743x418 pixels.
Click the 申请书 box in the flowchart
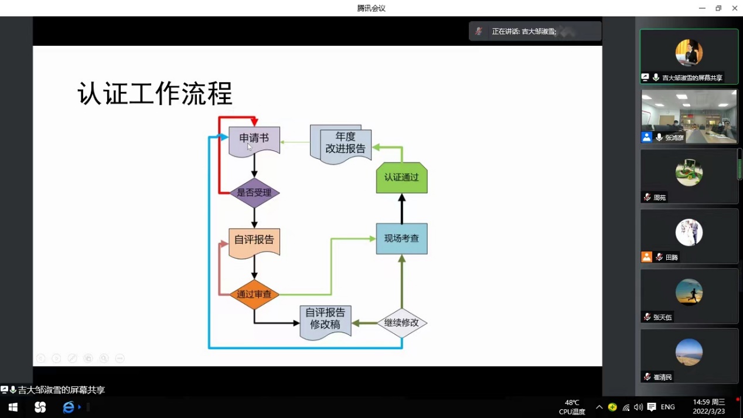click(254, 140)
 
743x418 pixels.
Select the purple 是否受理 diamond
click(254, 193)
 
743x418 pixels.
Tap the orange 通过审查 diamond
click(254, 294)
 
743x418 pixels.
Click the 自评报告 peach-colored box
click(254, 240)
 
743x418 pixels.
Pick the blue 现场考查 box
click(401, 239)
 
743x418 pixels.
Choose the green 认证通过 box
click(401, 178)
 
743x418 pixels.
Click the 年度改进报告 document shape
click(345, 144)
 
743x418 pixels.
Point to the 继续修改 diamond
click(401, 323)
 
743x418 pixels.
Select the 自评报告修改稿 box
click(325, 320)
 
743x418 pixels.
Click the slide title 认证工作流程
click(155, 94)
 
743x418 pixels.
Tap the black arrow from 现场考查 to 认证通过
click(402, 209)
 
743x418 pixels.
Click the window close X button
click(734, 8)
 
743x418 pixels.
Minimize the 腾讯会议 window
click(702, 8)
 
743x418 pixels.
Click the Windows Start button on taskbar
click(13, 407)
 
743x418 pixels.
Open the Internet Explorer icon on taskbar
click(69, 407)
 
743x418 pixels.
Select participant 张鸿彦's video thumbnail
click(689, 115)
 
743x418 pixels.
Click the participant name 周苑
click(660, 198)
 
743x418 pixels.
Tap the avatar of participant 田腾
click(689, 233)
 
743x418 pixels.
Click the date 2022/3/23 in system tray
click(708, 412)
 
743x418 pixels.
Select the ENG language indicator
click(667, 407)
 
